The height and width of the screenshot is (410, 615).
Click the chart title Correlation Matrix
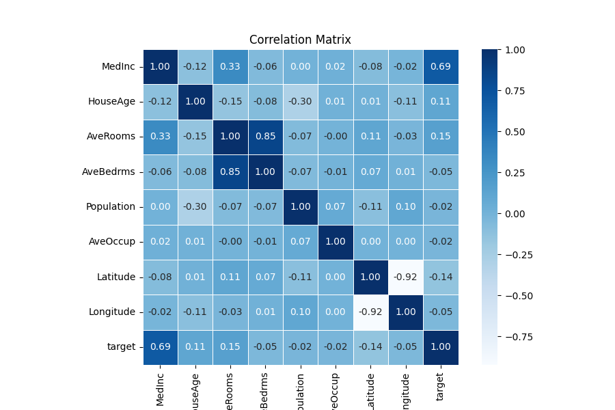[x=300, y=40]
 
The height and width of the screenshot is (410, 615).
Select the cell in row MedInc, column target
[x=441, y=67]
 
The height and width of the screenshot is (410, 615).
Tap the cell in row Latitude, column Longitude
[x=405, y=277]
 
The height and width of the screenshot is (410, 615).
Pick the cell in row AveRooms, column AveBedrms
[x=265, y=137]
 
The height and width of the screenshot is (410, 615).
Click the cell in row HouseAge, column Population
[x=301, y=102]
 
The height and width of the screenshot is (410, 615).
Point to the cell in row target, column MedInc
[x=160, y=347]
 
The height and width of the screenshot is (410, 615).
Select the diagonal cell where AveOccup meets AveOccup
[x=336, y=242]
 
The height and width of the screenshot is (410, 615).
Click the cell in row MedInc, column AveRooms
[x=230, y=67]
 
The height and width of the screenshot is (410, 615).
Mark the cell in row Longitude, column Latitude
[x=370, y=312]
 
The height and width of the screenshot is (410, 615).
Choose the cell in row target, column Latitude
[x=370, y=347]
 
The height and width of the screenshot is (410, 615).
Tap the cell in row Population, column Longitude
[x=405, y=207]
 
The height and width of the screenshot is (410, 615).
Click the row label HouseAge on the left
[x=111, y=102]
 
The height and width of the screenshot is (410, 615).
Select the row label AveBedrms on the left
[x=109, y=172]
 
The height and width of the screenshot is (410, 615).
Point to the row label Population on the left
[x=111, y=207]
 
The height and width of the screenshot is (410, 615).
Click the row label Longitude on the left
[x=112, y=312]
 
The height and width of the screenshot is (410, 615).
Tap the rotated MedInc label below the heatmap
[x=161, y=388]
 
